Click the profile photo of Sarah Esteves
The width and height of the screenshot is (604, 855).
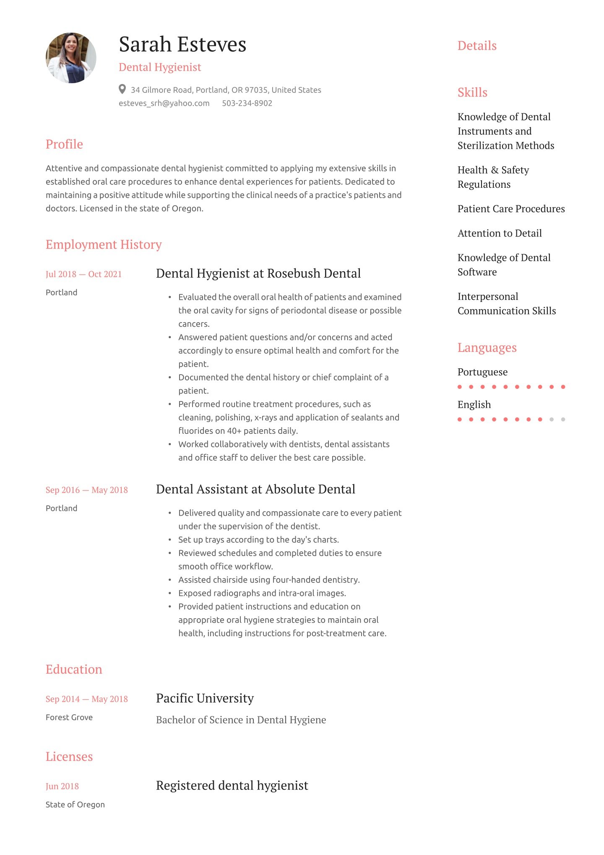click(x=71, y=58)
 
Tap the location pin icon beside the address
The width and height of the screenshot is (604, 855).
click(x=122, y=89)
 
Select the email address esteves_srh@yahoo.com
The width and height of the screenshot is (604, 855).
click(x=164, y=103)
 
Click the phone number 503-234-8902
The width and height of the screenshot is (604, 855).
click(x=247, y=103)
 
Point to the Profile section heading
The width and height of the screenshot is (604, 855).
click(x=64, y=144)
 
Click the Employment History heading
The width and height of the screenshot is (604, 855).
click(x=104, y=244)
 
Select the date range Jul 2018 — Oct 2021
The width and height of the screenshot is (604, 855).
click(x=83, y=274)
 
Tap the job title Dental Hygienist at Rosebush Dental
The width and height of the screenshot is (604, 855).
click(x=258, y=273)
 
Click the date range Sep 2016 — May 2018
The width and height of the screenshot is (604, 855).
click(x=86, y=490)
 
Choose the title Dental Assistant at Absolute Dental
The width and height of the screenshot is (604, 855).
click(x=255, y=489)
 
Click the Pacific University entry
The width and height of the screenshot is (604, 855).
click(x=205, y=698)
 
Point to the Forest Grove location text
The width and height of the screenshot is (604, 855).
click(x=69, y=717)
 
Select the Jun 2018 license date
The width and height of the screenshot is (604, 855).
click(x=62, y=787)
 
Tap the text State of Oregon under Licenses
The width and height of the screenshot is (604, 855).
click(x=75, y=805)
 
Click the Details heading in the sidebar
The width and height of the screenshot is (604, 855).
click(x=477, y=46)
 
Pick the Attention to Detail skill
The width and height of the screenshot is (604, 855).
click(x=500, y=233)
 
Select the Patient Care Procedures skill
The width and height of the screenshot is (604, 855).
click(x=511, y=209)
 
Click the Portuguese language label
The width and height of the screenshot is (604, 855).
click(x=482, y=372)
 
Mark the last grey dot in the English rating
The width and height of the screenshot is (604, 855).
click(x=563, y=420)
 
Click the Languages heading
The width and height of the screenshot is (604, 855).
click(x=487, y=348)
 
